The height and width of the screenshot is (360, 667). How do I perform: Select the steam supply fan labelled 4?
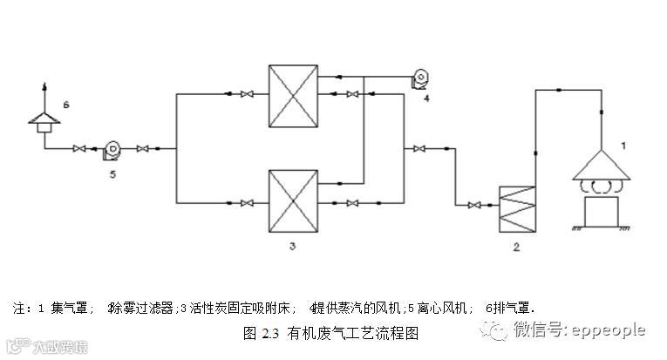[x=420, y=79]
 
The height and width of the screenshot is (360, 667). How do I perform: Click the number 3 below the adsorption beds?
[x=293, y=248]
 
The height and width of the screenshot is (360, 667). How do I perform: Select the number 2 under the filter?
[x=516, y=248]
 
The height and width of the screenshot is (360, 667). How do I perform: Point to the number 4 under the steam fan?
[x=426, y=99]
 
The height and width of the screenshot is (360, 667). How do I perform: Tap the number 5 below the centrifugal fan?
[x=112, y=173]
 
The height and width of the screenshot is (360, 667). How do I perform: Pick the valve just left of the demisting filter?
[x=473, y=206]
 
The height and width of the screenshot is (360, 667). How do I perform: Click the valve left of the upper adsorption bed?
[x=247, y=94]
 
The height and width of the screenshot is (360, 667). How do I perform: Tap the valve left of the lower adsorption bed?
[x=247, y=204]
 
